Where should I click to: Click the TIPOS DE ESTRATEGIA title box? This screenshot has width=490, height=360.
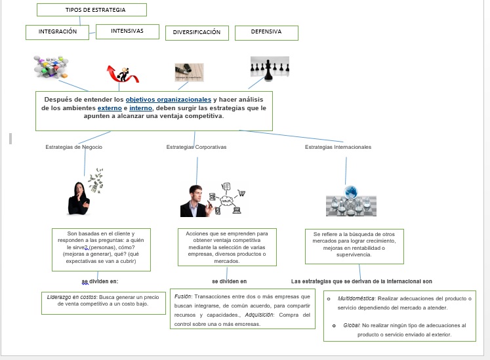[91, 10]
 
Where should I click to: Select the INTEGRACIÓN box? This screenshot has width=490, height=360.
[58, 31]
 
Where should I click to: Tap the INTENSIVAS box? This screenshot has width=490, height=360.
[127, 31]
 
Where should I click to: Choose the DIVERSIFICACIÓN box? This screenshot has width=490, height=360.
[197, 32]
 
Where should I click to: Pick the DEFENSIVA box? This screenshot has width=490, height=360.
[266, 31]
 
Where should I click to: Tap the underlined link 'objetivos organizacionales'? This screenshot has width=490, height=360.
[169, 99]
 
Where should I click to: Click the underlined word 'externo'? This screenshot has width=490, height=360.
[110, 108]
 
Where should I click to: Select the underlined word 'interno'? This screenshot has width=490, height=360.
[140, 108]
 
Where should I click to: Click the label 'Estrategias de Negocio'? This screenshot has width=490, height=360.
[74, 147]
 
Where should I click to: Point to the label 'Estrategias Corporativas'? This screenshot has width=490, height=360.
[196, 147]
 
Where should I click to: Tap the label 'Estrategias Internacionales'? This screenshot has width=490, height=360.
[338, 147]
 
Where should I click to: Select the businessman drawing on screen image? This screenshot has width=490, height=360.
[213, 201]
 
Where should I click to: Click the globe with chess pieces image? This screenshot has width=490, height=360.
[351, 201]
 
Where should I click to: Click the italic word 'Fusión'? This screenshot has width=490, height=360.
[183, 297]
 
